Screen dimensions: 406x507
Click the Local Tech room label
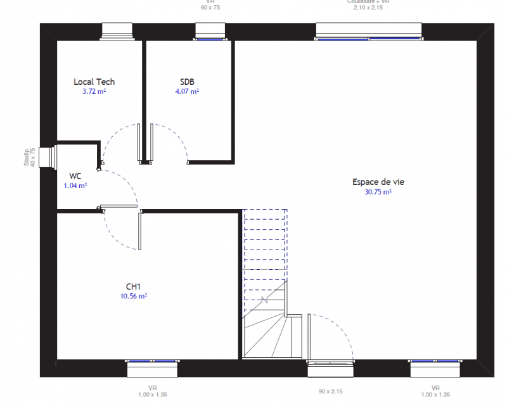94,82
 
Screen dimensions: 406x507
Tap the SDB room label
187,82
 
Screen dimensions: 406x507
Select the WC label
75,176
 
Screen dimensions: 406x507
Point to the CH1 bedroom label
133,286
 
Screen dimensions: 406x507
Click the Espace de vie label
378,182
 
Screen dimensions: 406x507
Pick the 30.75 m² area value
378,191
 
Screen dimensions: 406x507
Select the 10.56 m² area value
133,296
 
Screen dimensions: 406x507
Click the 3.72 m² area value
94,91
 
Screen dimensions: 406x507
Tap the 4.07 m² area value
187,91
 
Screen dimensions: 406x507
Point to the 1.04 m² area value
75,186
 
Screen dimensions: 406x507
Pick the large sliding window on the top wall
369,32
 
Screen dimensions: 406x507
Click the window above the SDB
210,32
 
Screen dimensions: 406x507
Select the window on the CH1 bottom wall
152,368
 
